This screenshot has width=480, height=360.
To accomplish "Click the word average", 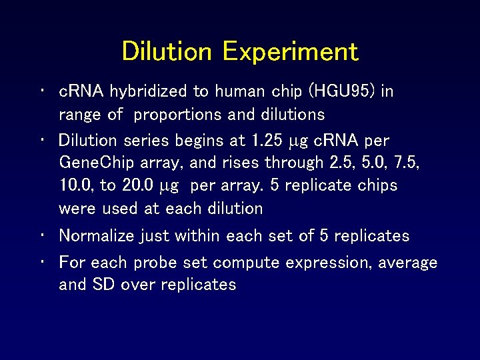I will tap(408, 263).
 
